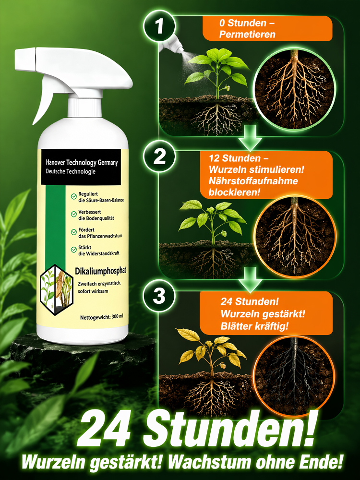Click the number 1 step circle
[159, 26]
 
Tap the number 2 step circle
[159, 157]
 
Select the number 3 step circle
[159, 296]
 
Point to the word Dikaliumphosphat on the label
[100, 271]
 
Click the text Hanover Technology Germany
[82, 163]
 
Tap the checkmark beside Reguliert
[74, 196]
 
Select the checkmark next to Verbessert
[74, 214]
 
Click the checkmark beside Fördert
[74, 232]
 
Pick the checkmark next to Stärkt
[74, 250]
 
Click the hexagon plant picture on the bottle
[57, 290]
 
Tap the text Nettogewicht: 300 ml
[102, 317]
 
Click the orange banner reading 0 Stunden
[267, 28]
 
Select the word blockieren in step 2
[235, 192]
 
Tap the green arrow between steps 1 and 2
[250, 138]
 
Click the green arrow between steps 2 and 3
[250, 279]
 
